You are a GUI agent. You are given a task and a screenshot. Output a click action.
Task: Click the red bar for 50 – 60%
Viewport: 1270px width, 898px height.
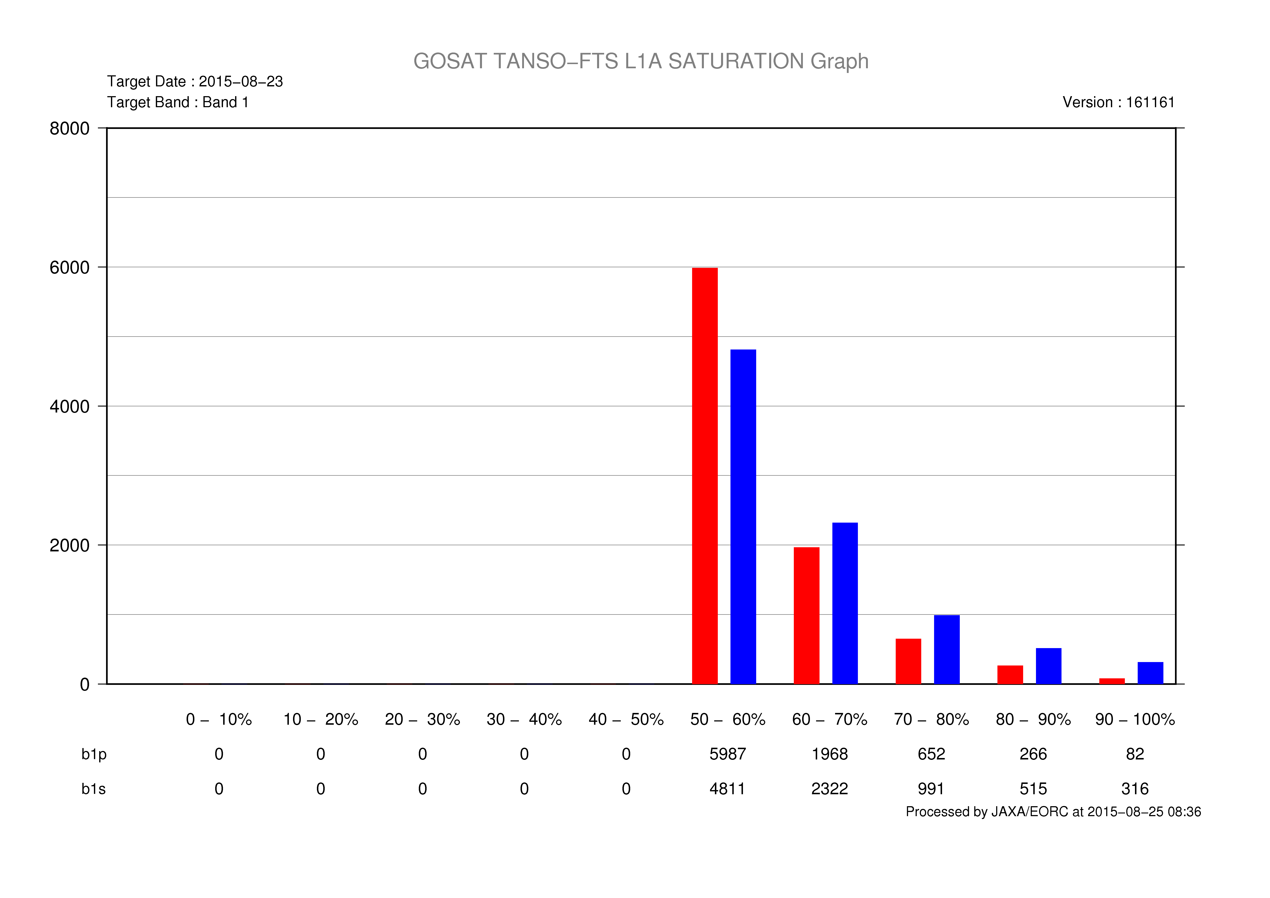(705, 476)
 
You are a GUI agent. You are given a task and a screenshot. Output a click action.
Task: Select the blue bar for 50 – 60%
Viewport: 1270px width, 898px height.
(743, 517)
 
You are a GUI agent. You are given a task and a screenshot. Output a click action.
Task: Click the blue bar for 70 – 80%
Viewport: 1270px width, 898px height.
(946, 650)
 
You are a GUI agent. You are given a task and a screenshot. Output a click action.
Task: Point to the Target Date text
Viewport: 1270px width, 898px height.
(195, 81)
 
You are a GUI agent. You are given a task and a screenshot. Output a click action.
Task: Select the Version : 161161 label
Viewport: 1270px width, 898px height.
(1119, 102)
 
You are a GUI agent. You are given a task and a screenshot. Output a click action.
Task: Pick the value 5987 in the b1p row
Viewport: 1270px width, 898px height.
(727, 754)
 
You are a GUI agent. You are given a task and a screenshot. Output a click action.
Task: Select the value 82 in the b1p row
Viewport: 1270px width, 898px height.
(1134, 754)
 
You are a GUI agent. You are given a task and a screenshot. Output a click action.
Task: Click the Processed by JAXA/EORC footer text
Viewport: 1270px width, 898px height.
(1053, 812)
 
